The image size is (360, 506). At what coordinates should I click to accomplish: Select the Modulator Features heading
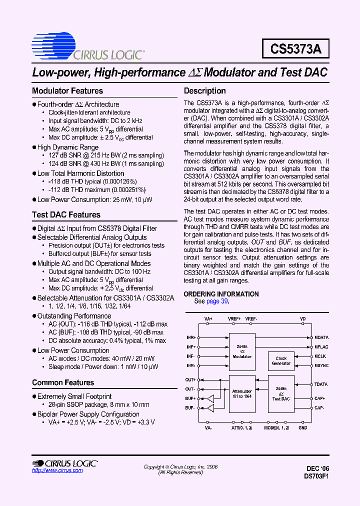click(x=67, y=91)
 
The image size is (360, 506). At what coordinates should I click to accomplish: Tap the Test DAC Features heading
click(x=66, y=215)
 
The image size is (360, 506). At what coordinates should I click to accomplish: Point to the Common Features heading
click(x=63, y=382)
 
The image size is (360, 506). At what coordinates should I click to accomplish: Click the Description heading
click(x=205, y=91)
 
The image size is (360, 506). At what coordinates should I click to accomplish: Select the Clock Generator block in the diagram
click(x=281, y=361)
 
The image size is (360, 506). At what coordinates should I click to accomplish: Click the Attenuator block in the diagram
click(x=242, y=394)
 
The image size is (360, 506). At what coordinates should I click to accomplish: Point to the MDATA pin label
click(x=321, y=337)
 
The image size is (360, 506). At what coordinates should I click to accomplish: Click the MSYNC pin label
click(x=321, y=365)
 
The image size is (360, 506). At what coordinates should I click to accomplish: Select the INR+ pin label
click(x=191, y=337)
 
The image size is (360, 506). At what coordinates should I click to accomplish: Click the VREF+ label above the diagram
click(x=234, y=318)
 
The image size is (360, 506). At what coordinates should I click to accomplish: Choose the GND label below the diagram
click(x=302, y=428)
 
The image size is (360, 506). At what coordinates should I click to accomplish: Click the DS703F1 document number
click(x=316, y=477)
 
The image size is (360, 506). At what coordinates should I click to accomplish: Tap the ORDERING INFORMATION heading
click(x=221, y=294)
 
